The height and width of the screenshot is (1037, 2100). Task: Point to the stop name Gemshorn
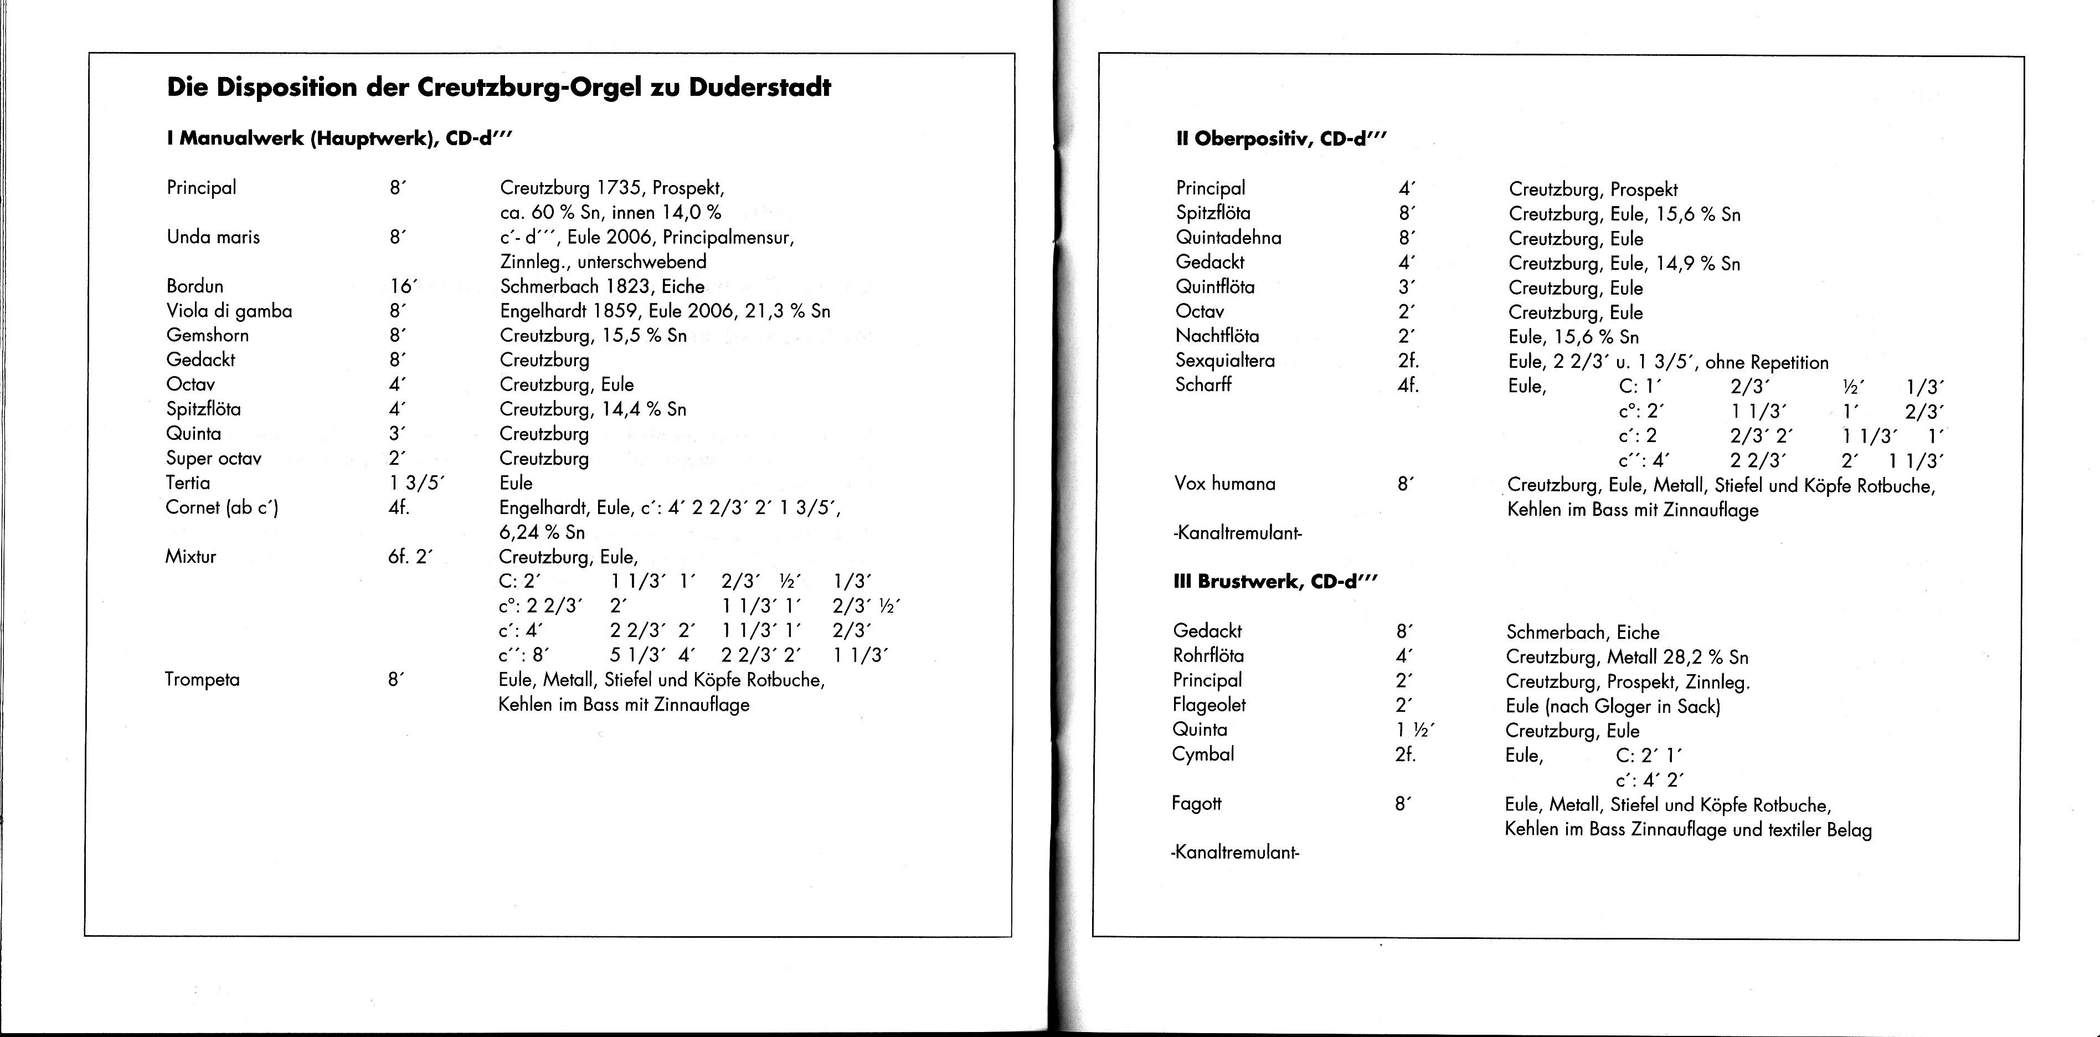pos(207,335)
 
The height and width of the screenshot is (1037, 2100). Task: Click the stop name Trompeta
pos(202,680)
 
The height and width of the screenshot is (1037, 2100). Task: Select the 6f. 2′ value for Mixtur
pos(410,557)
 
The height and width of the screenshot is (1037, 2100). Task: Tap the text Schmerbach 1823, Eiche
pos(601,286)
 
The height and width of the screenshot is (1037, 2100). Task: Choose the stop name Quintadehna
pos(1228,238)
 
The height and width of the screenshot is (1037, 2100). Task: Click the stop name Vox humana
pos(1224,484)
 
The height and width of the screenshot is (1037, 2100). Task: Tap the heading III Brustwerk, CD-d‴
pos(1275,582)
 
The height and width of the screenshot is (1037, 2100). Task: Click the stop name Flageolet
pos(1209,705)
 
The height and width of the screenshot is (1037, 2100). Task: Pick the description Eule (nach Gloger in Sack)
pos(1613,706)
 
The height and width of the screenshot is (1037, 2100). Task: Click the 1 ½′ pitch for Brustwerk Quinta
pos(1414,731)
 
